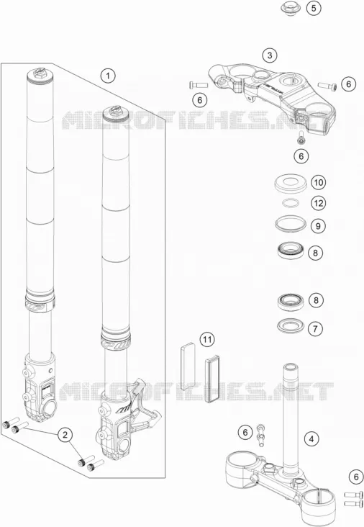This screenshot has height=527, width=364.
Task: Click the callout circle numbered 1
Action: click(x=108, y=76)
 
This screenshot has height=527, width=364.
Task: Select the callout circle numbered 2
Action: click(x=65, y=435)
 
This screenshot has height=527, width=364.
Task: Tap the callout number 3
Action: click(x=270, y=55)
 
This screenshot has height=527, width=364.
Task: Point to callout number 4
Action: click(x=311, y=438)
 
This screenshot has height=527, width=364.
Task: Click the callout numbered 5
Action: click(x=314, y=8)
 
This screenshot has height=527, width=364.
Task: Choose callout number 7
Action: click(x=315, y=328)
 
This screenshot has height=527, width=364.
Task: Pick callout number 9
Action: click(x=318, y=226)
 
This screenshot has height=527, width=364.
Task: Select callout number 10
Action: click(x=318, y=182)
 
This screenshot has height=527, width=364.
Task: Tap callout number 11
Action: click(x=207, y=340)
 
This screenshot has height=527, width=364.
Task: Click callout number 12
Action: click(x=318, y=203)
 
